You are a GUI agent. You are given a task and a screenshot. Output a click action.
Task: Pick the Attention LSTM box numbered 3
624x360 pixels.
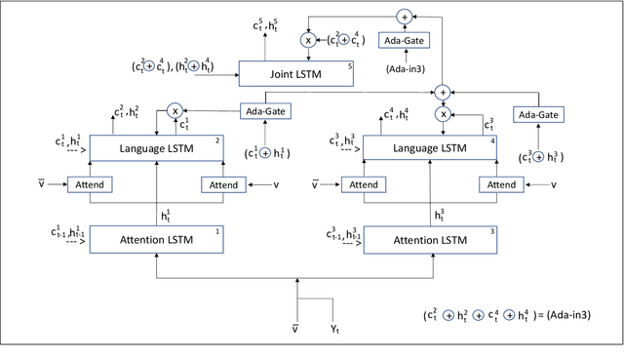click(430, 239)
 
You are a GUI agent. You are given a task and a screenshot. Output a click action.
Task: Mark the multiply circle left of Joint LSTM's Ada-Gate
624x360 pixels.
click(308, 41)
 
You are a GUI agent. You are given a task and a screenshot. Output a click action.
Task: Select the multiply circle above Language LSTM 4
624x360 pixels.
click(444, 112)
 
